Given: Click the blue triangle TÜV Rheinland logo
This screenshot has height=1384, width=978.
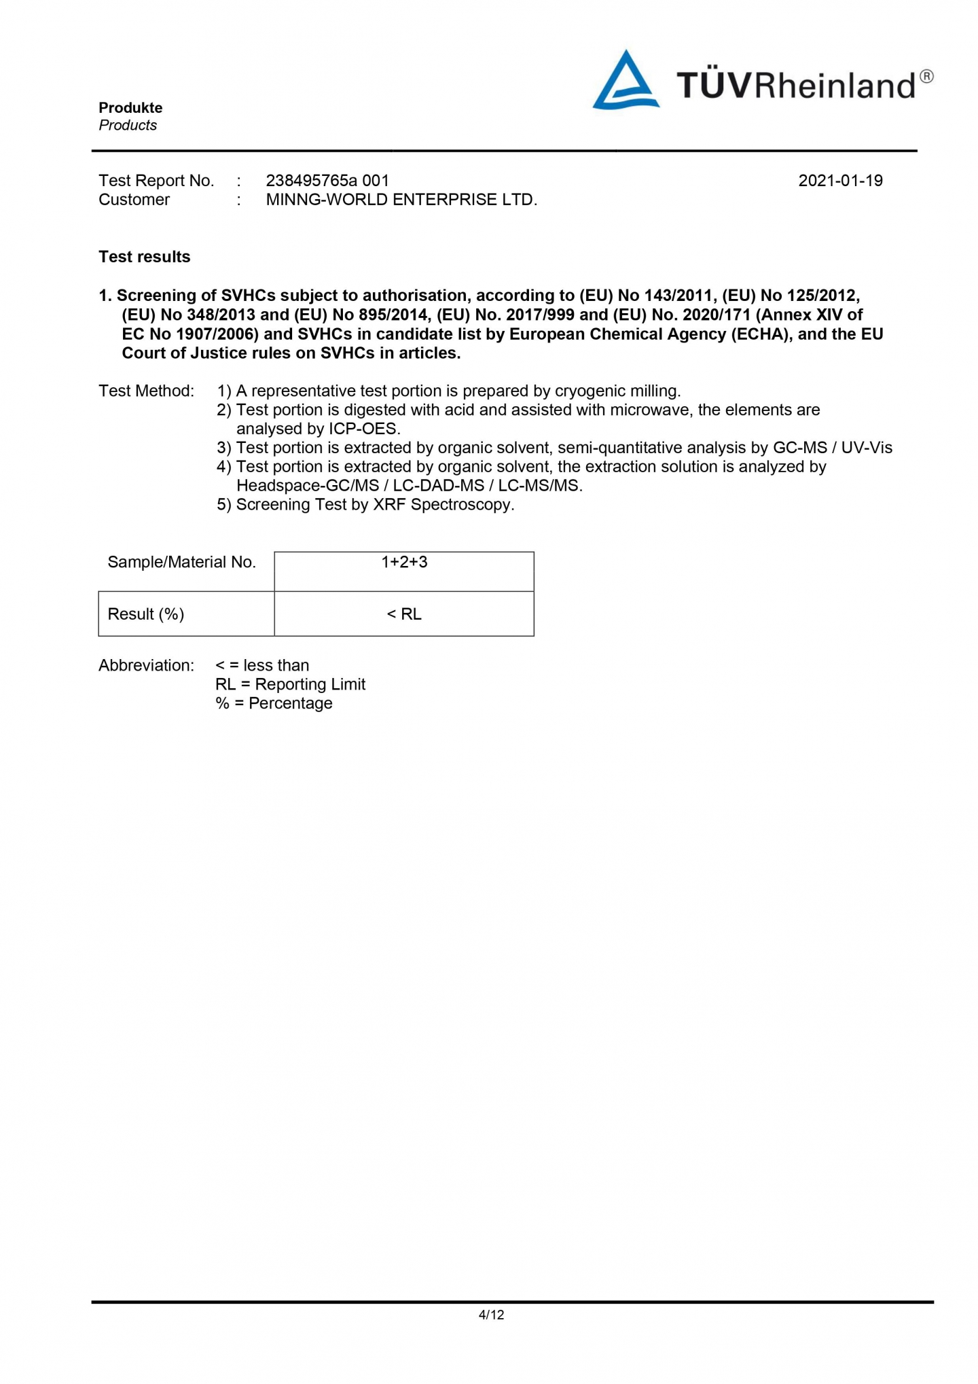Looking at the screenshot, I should click(625, 82).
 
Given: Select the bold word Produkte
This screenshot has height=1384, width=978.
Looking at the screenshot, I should click(130, 107).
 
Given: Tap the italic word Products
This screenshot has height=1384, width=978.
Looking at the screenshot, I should click(128, 125).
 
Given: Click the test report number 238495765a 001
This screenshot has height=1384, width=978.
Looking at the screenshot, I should click(327, 181).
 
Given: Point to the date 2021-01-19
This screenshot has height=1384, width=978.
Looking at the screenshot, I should click(840, 181).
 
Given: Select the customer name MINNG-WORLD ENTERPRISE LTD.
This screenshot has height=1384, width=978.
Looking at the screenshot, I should click(401, 200).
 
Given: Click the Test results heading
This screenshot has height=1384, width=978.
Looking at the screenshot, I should click(144, 257).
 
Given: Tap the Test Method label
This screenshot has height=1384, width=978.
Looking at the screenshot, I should click(146, 391).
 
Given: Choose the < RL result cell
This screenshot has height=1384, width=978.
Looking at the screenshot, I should click(404, 614).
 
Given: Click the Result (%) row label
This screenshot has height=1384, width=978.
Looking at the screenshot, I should click(146, 614).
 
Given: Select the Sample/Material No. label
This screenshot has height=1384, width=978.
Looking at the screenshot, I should click(181, 563).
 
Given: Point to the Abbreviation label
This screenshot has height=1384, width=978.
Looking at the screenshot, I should click(146, 665).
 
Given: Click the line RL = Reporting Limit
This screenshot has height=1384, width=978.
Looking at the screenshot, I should click(290, 684).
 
